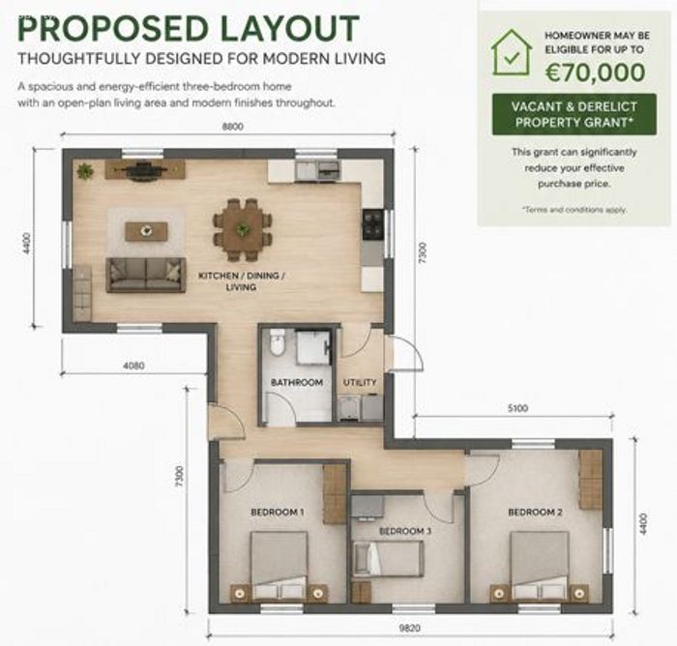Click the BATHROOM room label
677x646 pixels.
coord(297,382)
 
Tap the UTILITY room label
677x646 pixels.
coord(360,382)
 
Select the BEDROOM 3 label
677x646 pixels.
coord(405,531)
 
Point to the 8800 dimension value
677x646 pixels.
coord(233,127)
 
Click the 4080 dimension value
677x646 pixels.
coord(133,366)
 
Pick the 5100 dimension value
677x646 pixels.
coord(517,408)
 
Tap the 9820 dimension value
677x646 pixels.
coord(409,628)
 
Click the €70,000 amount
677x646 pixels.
coord(595,73)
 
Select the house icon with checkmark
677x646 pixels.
coord(512,52)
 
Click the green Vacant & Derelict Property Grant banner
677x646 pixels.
coord(574,114)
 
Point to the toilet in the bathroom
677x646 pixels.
coord(277,342)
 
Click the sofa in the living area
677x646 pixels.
coord(146,275)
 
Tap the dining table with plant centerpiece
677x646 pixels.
coord(242,229)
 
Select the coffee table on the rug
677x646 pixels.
coord(146,231)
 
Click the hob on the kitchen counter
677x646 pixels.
coord(373,224)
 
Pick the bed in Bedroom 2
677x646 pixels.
coord(539,566)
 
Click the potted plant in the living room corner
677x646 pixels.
coord(85,171)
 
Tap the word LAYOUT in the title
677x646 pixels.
coord(290,29)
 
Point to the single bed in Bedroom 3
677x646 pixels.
coord(389,558)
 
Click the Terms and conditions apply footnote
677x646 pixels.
coord(574,210)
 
